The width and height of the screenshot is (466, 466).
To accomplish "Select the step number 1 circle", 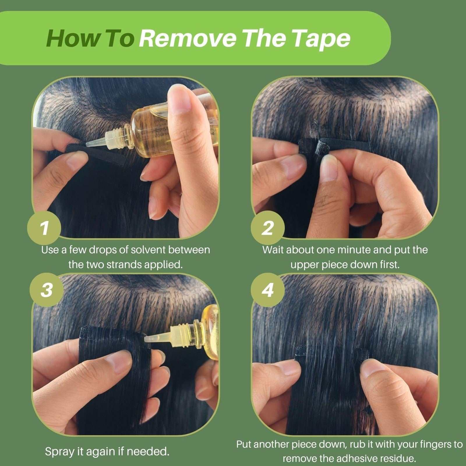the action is pyautogui.click(x=44, y=228).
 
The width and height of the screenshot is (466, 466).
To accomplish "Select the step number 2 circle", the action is pyautogui.click(x=267, y=228).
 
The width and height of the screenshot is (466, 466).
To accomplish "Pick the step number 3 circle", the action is pyautogui.click(x=47, y=290).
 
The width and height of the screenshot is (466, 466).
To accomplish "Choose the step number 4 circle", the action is pyautogui.click(x=267, y=290).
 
